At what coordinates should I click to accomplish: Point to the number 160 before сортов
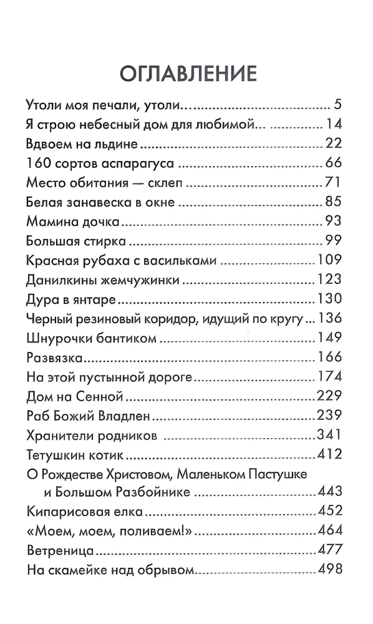tap(41, 164)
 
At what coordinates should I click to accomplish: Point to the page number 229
tap(329, 396)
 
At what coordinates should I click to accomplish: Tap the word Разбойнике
tap(154, 493)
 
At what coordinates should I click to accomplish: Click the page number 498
tap(329, 570)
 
